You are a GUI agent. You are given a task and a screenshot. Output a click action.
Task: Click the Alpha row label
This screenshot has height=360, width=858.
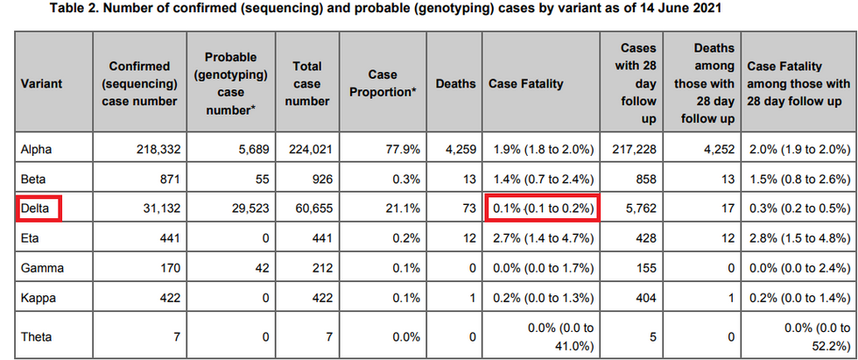[36, 150]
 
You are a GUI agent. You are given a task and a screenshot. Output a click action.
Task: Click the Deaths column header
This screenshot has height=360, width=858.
[455, 84]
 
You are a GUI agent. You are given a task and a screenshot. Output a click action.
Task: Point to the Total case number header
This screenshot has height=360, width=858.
[307, 84]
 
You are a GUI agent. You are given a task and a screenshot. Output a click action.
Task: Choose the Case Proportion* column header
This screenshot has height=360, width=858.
[383, 84]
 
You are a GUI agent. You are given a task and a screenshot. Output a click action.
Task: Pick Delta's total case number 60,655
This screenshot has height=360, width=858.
[310, 208]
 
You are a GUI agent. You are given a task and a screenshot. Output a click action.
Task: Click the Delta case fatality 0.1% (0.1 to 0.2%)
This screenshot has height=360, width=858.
[542, 208]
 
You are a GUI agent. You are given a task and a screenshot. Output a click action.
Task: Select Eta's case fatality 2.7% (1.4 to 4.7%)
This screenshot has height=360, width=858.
[542, 237]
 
